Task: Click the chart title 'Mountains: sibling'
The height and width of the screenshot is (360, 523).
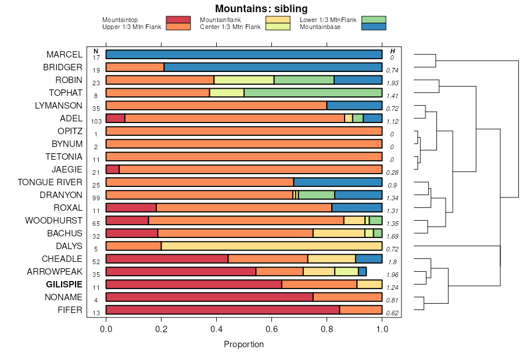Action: click(x=261, y=9)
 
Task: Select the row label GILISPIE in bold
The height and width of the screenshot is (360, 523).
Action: click(x=64, y=285)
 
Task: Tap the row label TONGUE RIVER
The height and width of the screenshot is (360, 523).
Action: click(x=50, y=182)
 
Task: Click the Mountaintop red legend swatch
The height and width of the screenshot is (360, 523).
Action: click(x=178, y=20)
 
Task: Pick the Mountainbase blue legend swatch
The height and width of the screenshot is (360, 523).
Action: click(x=373, y=27)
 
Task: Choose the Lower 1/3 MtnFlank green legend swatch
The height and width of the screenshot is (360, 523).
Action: click(x=373, y=20)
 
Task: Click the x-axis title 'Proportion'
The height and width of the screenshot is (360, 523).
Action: click(x=243, y=344)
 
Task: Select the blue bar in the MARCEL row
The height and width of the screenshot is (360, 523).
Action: click(x=244, y=55)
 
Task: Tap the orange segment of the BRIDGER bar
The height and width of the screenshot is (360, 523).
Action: click(x=135, y=67)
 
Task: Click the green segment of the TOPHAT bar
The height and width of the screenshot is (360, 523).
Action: click(x=313, y=93)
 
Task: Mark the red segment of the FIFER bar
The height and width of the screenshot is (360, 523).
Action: click(x=223, y=310)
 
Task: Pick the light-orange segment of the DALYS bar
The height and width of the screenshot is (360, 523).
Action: click(x=271, y=246)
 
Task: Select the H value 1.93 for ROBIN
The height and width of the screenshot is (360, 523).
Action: click(x=392, y=83)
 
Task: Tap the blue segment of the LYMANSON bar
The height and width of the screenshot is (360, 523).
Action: click(x=354, y=106)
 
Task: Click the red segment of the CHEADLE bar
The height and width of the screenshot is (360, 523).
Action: click(x=167, y=259)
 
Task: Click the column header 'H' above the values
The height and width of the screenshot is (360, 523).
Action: click(x=392, y=51)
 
